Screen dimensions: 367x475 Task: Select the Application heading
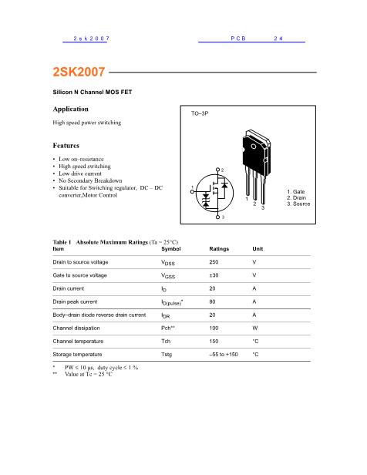click(x=70, y=109)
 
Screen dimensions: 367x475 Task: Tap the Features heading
click(x=66, y=145)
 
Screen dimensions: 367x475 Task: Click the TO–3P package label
click(x=200, y=113)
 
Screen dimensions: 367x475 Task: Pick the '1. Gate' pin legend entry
click(x=296, y=191)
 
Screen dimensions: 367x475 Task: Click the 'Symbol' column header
click(x=171, y=249)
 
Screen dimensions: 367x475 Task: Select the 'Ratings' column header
click(x=219, y=249)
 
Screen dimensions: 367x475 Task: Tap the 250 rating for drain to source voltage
click(x=214, y=262)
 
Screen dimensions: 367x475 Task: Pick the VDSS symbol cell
click(x=168, y=263)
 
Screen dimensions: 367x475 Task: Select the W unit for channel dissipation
click(x=254, y=328)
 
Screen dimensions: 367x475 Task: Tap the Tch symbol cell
click(x=167, y=341)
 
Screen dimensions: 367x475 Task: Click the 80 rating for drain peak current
click(x=213, y=302)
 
